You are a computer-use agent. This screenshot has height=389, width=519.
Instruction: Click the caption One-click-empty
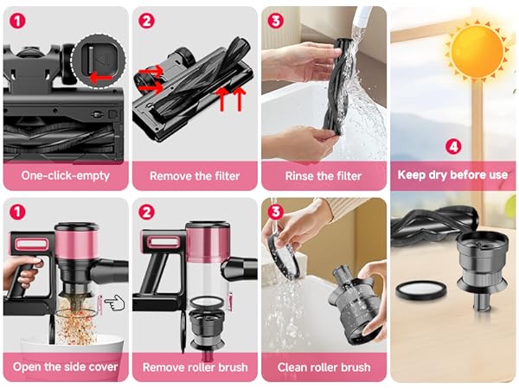65,176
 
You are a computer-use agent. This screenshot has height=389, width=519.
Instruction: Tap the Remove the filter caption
195,176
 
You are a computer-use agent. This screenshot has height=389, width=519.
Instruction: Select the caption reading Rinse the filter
324,176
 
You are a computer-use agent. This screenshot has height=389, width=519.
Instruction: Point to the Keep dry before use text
452,175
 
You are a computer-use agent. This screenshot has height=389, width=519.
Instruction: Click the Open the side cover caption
65,367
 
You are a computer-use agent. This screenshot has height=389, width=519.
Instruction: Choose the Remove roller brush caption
195,367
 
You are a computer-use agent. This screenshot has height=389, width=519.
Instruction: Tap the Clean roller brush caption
324,367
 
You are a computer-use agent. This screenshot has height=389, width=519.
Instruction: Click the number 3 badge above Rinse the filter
276,20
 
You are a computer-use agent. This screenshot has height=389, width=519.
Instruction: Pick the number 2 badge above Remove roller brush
146,211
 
